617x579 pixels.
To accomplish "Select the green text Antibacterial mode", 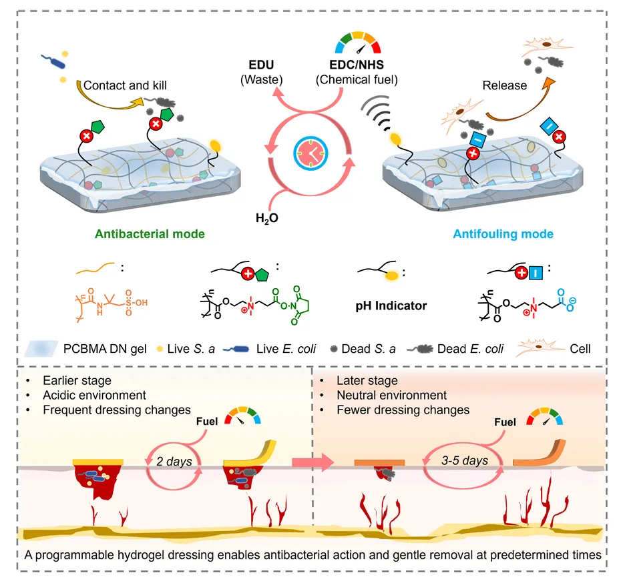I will coord(150,234).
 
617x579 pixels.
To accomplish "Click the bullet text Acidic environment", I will coord(87,395).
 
